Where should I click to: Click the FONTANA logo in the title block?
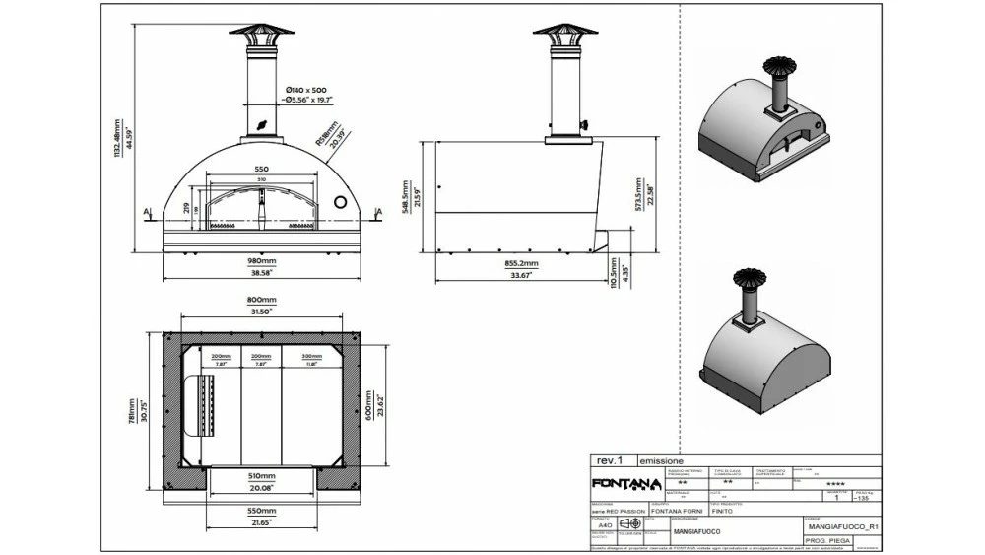(626, 483)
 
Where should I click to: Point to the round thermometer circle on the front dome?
(341, 201)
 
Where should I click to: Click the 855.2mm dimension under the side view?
(521, 264)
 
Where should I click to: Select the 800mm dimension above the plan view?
(261, 300)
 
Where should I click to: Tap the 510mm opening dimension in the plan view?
(261, 475)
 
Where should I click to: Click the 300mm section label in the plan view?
(312, 357)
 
